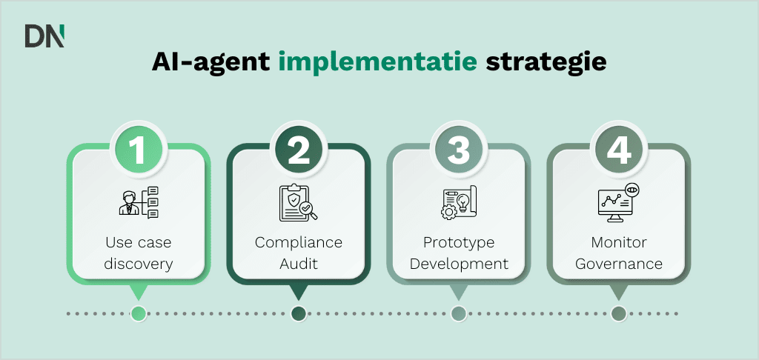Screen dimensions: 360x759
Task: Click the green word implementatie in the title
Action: coord(378,61)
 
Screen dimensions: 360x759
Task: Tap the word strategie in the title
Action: coord(546,61)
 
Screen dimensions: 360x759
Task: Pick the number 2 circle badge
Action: coord(299,148)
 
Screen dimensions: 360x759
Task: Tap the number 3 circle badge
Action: coord(459,148)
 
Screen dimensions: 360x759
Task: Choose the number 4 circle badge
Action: coord(619,148)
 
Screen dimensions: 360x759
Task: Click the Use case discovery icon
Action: coord(139,202)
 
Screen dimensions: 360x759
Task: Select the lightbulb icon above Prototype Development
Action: coord(459,202)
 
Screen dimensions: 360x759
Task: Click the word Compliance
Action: coord(299,243)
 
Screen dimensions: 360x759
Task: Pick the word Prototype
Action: coord(459,243)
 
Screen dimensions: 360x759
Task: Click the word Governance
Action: coord(619,263)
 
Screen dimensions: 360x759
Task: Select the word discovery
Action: coord(139,263)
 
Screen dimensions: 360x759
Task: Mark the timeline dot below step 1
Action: coord(138,313)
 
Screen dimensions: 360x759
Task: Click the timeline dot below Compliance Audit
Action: coord(299,313)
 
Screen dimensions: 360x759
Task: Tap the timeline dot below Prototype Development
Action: coord(459,313)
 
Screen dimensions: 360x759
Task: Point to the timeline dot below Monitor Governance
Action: coord(619,313)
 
